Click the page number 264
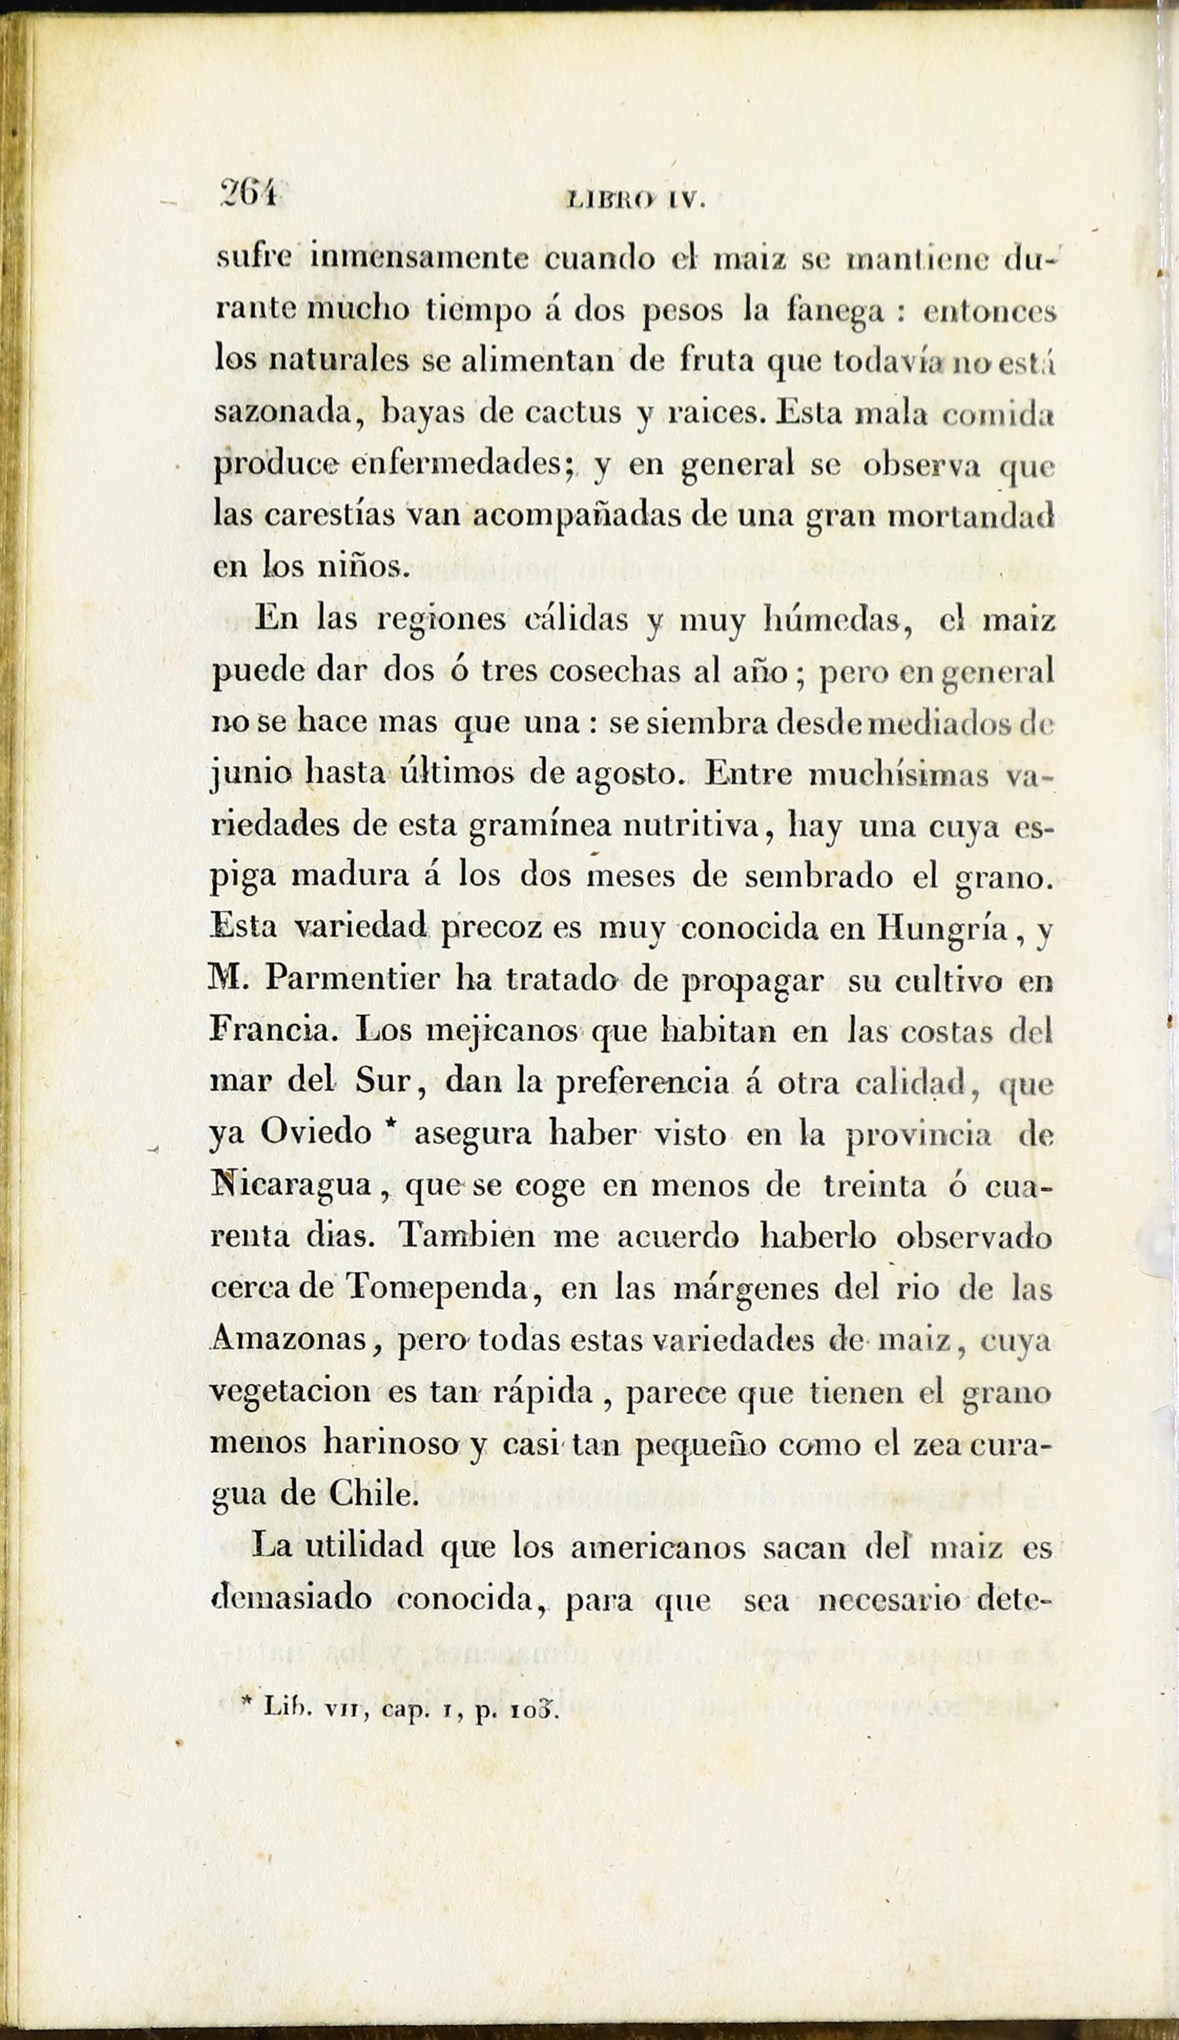(249, 198)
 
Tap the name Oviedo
(316, 1134)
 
